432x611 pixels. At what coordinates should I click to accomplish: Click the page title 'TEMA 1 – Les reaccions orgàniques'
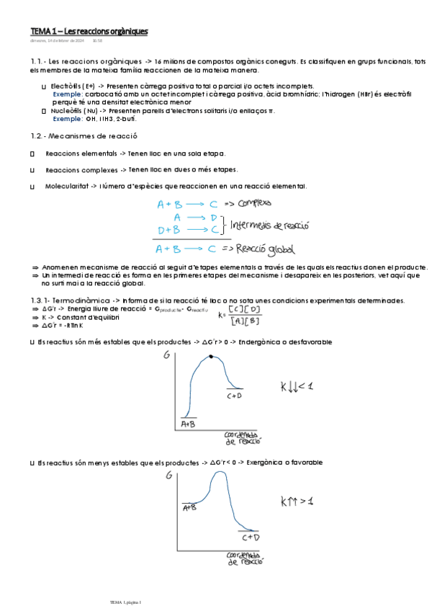(x=89, y=32)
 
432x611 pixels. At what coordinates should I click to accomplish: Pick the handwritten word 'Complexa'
(x=248, y=204)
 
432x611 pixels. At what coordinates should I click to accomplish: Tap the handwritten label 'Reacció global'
(x=259, y=250)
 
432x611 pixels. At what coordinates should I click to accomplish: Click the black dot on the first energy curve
(x=211, y=357)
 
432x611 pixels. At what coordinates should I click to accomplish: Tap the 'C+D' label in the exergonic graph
(x=251, y=537)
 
